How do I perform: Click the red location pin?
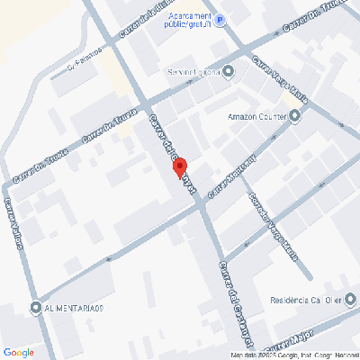click(x=179, y=168)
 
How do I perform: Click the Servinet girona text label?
click(x=193, y=71)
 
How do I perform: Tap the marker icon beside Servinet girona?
click(x=228, y=71)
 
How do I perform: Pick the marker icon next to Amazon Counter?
click(x=294, y=115)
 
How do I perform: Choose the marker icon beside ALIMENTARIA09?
click(x=35, y=308)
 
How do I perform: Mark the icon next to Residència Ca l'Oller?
click(x=341, y=301)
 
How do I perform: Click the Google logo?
click(x=18, y=352)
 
